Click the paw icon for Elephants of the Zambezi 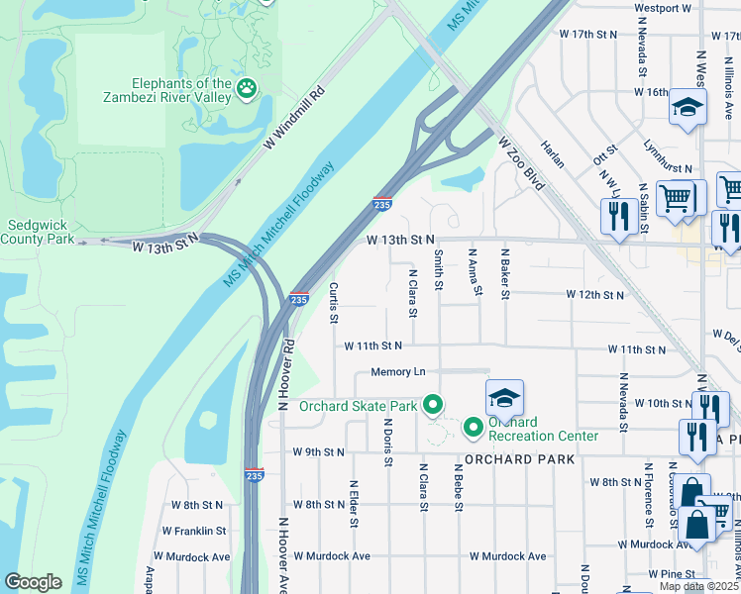(x=246, y=91)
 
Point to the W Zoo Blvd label (x=522, y=164)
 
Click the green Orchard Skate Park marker (x=432, y=405)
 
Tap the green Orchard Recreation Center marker (x=474, y=428)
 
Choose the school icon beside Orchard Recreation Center (x=504, y=398)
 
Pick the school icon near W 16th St (x=687, y=106)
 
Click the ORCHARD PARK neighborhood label (x=518, y=460)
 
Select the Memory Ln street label (x=398, y=372)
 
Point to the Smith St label (x=438, y=269)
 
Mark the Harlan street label (x=552, y=153)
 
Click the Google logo (x=33, y=582)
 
